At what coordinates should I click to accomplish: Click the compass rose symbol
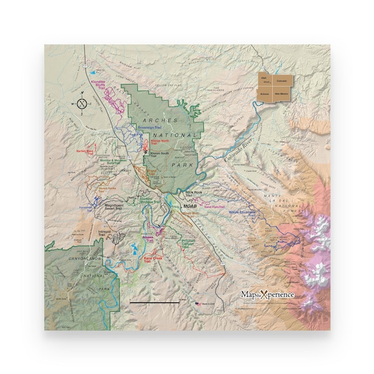pos(82,104)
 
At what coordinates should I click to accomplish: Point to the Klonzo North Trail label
pos(159,142)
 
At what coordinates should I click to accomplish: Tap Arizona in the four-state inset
pos(265,93)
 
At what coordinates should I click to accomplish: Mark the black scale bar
pos(155,302)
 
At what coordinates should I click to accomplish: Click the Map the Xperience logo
pos(268,294)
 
